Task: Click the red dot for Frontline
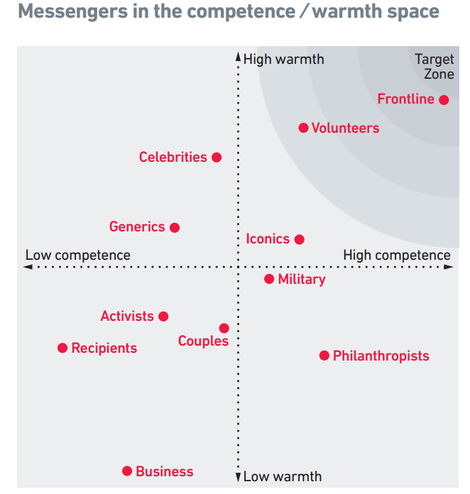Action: (444, 100)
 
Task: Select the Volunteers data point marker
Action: (303, 128)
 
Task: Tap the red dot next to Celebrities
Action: (217, 158)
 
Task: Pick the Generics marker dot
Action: (175, 228)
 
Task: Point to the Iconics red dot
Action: (300, 240)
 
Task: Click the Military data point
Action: (269, 280)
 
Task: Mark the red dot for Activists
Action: (163, 317)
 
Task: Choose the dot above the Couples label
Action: (224, 328)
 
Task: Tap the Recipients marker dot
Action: (62, 348)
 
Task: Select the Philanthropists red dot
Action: (324, 356)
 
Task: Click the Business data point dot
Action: (127, 471)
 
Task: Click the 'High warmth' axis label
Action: (283, 59)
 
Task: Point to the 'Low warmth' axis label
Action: (282, 476)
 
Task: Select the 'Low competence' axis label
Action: (78, 255)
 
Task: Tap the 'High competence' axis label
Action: (396, 255)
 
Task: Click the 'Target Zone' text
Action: (435, 67)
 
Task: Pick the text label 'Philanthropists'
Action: (381, 356)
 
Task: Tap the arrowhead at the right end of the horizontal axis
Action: (450, 267)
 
